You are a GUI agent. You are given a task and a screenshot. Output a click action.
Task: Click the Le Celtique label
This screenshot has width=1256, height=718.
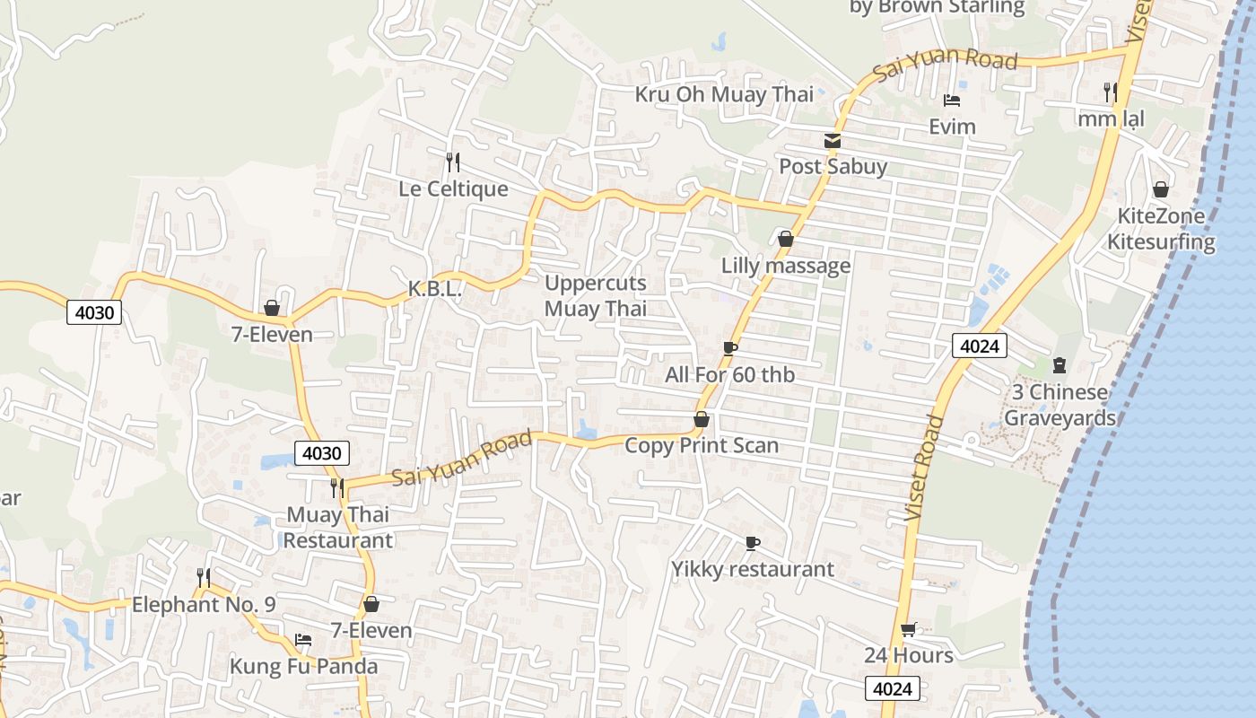[x=453, y=189]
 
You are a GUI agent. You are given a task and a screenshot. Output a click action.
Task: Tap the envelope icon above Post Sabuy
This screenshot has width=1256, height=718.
[x=833, y=141]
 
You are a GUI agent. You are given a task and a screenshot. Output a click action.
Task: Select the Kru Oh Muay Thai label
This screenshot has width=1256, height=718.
[x=724, y=94]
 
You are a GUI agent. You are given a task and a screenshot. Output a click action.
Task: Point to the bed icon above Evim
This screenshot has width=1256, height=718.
[x=952, y=101]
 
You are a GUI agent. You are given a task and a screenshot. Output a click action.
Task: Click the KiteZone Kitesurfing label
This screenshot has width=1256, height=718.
[x=1160, y=229]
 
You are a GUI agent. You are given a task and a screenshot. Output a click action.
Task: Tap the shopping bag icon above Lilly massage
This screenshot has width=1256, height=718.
[x=785, y=239]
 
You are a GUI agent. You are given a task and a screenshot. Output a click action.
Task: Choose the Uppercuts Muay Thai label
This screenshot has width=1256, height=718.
[x=596, y=296]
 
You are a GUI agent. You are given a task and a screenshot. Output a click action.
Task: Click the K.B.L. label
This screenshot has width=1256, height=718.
[x=434, y=289]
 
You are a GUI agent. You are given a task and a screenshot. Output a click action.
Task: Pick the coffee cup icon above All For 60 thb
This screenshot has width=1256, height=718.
[x=729, y=348]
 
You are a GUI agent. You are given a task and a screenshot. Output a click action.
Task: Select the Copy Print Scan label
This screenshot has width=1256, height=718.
[x=701, y=445]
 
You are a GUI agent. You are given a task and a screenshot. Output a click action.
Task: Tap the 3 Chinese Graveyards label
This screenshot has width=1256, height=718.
[x=1060, y=405]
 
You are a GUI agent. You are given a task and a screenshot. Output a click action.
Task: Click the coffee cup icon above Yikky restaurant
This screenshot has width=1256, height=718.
[x=752, y=543]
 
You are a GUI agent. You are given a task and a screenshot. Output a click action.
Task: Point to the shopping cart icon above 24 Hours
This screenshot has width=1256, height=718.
[x=908, y=629]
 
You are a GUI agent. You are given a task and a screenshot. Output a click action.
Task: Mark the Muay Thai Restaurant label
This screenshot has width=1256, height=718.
[x=338, y=527]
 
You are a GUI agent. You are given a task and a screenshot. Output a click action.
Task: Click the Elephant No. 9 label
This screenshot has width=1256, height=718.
[x=204, y=605]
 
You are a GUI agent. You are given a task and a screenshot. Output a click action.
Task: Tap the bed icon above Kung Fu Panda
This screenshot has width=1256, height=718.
[x=303, y=640]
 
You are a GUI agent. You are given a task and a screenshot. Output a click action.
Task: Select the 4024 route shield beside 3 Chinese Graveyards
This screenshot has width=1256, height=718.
[x=980, y=346]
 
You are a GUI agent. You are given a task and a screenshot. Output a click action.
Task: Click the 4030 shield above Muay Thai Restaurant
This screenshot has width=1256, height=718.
[x=321, y=453]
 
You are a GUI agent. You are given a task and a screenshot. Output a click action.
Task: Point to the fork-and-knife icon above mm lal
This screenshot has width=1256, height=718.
[x=1110, y=91]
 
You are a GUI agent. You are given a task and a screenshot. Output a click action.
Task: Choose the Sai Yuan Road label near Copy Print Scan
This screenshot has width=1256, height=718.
[x=463, y=459]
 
